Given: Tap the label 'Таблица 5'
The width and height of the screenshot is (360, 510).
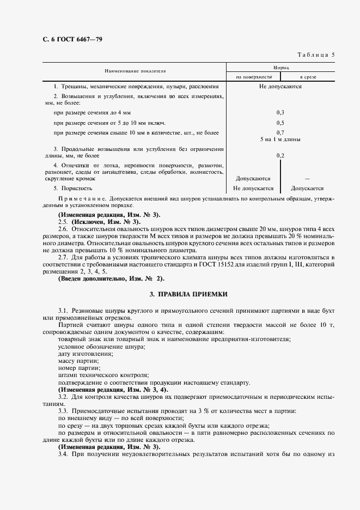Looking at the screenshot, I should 316,54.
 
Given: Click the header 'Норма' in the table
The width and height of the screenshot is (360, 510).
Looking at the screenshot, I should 280,67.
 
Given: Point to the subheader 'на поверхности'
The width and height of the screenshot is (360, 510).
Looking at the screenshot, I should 253,77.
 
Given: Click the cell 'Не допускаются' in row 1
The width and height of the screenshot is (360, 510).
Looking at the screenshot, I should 280,87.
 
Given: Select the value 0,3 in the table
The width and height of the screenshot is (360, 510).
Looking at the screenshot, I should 280,112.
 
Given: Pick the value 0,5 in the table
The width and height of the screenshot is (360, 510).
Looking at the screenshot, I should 280,123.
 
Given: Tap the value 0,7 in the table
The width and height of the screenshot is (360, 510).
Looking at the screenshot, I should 280,132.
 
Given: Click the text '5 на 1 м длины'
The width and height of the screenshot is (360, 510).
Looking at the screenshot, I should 280,139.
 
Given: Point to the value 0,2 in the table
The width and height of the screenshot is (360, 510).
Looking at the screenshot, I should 280,156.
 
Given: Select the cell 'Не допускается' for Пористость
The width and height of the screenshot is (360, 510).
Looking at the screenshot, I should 253,188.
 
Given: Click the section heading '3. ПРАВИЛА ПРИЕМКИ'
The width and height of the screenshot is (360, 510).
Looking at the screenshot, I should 188,294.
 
